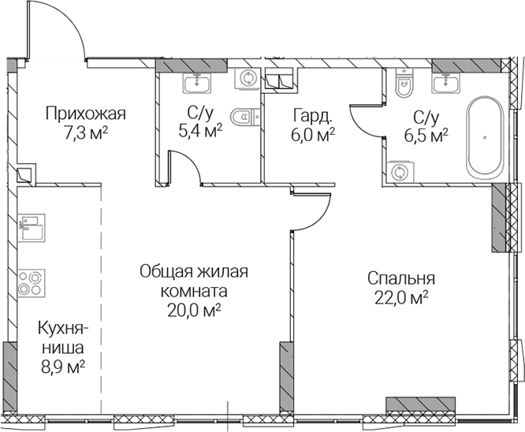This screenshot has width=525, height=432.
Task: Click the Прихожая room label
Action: (86, 114)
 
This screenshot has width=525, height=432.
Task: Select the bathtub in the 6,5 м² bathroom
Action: (485, 137)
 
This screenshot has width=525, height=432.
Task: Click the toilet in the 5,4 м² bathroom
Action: (245, 117)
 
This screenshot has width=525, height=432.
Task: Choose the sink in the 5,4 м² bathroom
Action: (197, 83)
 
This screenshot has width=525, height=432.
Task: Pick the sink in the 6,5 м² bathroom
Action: (445, 83)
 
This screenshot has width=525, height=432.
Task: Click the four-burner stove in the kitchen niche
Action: (32, 282)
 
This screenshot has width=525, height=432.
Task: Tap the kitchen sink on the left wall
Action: (32, 227)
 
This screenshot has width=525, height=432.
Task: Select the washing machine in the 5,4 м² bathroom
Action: (248, 78)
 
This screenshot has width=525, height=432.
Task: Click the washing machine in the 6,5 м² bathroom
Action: (400, 172)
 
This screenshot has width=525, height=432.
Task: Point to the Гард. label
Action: (313, 116)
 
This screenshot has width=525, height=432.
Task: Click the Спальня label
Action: (401, 279)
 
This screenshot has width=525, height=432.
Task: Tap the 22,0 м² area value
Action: (402, 298)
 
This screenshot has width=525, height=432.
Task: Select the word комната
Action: (194, 291)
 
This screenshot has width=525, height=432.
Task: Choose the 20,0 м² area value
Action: (194, 311)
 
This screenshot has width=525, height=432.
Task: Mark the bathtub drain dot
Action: (485, 137)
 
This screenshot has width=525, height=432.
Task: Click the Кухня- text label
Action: (64, 329)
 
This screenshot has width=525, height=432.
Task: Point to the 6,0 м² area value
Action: (314, 136)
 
